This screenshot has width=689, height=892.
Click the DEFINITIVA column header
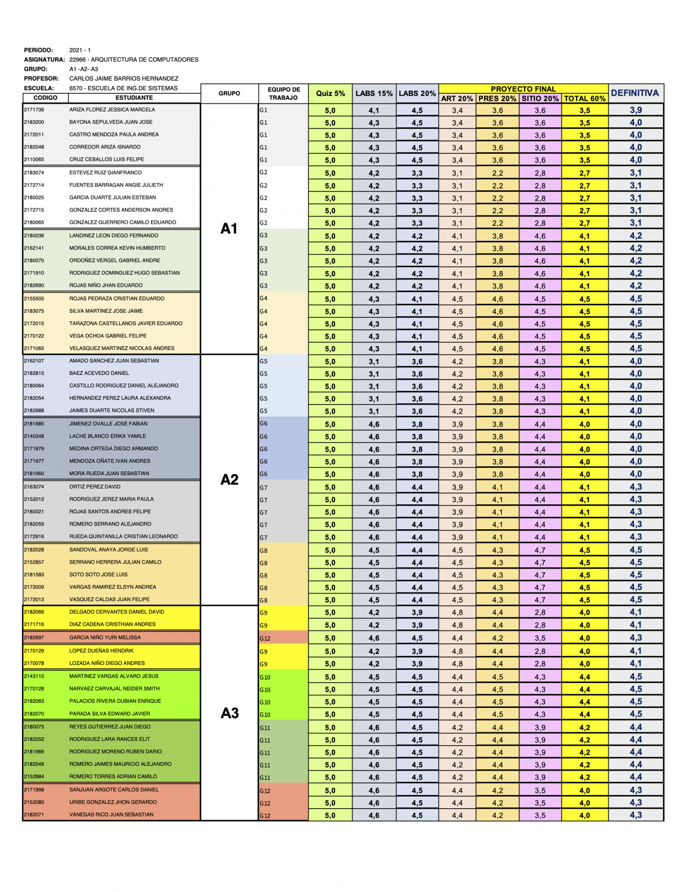pos(635,93)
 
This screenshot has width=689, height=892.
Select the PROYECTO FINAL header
pos(523,89)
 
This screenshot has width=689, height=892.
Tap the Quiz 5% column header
pos(330,93)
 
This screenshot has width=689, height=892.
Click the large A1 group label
pos(229,229)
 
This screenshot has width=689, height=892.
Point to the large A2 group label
pos(229,479)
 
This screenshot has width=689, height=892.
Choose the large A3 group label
pos(229,713)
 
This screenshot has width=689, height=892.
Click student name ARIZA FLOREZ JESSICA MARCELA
pos(112,110)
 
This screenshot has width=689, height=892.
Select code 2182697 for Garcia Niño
pos(34,637)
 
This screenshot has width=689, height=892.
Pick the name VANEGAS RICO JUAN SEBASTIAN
pos(111,815)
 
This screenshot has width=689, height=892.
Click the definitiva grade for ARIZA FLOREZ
pos(635,110)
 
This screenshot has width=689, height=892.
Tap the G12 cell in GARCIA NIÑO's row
pos(265,639)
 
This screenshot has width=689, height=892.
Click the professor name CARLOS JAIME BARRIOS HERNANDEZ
pos(123,78)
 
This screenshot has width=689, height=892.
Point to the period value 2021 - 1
pos(80,50)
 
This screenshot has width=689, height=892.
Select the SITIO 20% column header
pos(540,99)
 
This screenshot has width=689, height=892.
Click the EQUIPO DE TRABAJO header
pos(284,93)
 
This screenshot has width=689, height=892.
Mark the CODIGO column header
pos(46,98)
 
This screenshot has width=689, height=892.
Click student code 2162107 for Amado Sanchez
pos(34,361)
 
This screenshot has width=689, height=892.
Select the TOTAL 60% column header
pos(585,99)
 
